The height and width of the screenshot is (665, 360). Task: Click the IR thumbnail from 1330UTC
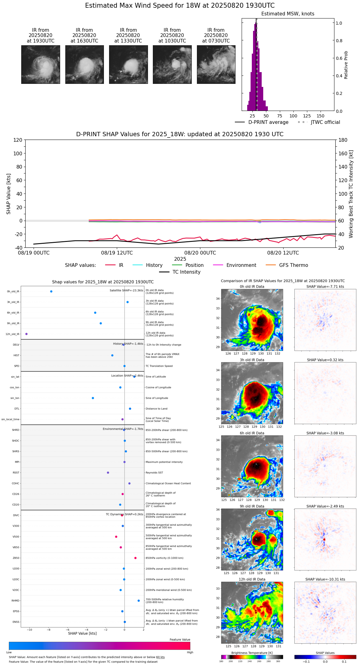coord(128,64)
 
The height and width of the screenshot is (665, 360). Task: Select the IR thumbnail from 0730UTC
coord(216,64)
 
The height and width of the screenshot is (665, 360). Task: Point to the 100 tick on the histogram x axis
coord(293,116)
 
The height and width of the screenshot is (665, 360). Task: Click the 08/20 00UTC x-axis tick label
coord(200,253)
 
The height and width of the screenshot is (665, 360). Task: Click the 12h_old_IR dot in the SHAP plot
coord(27,334)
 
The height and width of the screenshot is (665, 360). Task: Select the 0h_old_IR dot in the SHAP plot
coord(51,292)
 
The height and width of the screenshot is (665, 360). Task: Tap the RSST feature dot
coord(108,473)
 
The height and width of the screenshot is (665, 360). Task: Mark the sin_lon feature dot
coord(93,398)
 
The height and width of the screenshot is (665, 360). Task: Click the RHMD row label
coord(16,601)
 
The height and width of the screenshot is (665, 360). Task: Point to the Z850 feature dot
coord(135,558)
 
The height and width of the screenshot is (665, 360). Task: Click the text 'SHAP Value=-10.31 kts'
coord(325,579)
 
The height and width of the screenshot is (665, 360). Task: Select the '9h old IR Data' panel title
coord(252,506)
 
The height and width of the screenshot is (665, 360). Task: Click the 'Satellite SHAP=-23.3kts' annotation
coord(126,291)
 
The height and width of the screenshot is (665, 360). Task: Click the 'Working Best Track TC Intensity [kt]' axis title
coord(351,194)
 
